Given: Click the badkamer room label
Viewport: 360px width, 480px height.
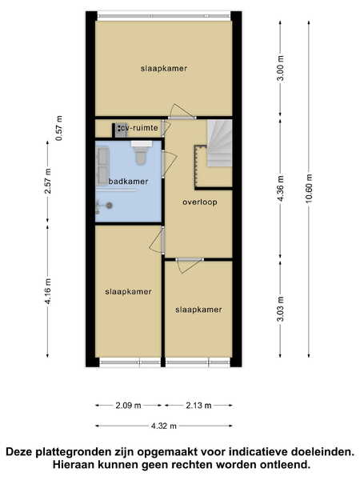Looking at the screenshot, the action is [128, 182].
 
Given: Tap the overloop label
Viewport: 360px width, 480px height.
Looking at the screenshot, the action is [200, 202].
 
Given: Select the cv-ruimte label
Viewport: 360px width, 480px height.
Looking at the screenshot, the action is [139, 128].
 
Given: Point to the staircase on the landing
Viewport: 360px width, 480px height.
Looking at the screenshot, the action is [219, 143].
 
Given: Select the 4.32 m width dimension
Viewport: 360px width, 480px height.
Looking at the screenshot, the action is [164, 426].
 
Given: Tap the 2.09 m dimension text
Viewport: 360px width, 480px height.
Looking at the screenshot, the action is [128, 406].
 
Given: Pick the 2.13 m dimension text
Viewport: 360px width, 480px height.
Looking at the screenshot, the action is [198, 406].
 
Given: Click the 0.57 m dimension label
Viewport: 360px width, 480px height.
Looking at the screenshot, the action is [58, 128].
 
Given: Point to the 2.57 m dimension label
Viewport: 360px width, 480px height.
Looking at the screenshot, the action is [48, 181].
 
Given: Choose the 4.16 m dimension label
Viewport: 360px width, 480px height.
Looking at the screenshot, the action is [48, 291].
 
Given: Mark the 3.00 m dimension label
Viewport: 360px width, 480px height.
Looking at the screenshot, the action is [281, 68].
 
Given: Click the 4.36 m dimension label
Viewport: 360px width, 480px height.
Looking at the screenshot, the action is [281, 188].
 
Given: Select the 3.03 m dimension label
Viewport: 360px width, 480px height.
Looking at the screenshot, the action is [281, 309].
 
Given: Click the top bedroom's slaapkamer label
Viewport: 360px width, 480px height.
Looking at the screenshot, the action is [164, 69].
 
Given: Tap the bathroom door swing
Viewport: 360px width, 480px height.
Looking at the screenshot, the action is [169, 164].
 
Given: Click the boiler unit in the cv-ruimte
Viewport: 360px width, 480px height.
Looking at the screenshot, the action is [121, 130].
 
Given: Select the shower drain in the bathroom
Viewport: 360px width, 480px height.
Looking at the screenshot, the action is [109, 206].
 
